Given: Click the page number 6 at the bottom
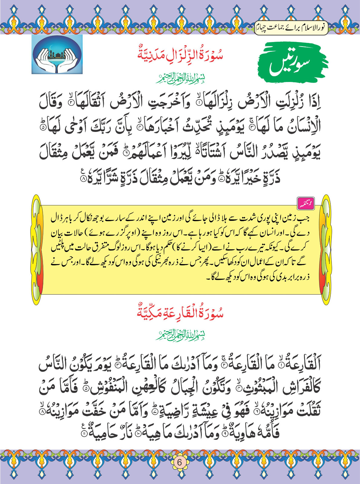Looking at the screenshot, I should (179, 463).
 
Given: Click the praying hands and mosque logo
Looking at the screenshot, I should (57, 54).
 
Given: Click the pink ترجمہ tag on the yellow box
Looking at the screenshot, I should (306, 204).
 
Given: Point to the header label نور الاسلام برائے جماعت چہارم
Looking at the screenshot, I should (291, 28).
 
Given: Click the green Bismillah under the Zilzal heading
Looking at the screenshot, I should (181, 78).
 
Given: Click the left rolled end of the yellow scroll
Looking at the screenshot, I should (36, 250).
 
